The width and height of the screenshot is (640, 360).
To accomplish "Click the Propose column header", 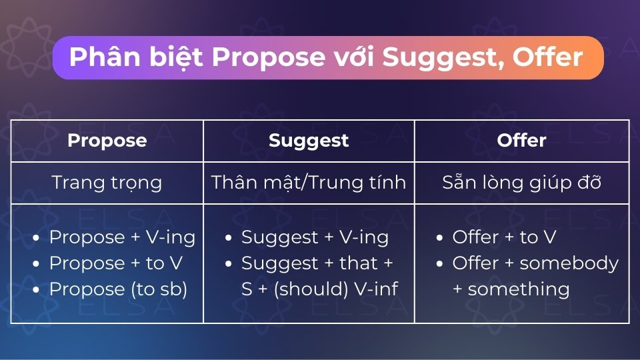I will click(107, 141).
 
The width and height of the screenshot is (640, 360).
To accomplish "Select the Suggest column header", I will click(309, 141).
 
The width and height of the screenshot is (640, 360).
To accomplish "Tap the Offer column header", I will click(521, 141).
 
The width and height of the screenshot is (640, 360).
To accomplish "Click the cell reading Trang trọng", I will click(107, 183).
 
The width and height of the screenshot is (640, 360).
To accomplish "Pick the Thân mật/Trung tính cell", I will click(309, 183).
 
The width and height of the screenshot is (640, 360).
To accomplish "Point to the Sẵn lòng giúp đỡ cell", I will click(521, 183).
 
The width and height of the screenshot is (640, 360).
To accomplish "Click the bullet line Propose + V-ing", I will click(122, 237).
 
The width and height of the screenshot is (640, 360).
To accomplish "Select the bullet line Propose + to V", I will click(116, 263).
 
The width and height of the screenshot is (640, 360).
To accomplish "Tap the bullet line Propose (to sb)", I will click(118, 289).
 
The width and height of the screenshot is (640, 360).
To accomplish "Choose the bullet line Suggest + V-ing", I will click(315, 237).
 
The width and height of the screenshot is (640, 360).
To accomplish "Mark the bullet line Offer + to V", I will click(504, 237).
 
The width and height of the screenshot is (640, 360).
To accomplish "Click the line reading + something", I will click(511, 289).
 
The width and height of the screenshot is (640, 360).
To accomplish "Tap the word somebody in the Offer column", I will click(569, 263).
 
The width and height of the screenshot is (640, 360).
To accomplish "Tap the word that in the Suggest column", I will click(358, 263).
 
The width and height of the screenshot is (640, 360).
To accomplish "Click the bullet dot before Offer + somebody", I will click(439, 264).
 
